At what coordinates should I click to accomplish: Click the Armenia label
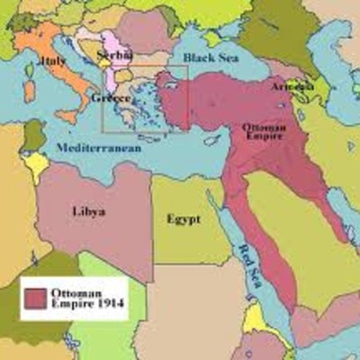[x=292, y=85]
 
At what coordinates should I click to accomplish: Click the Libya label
[x=88, y=211]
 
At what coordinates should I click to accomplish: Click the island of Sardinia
[x=29, y=90]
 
